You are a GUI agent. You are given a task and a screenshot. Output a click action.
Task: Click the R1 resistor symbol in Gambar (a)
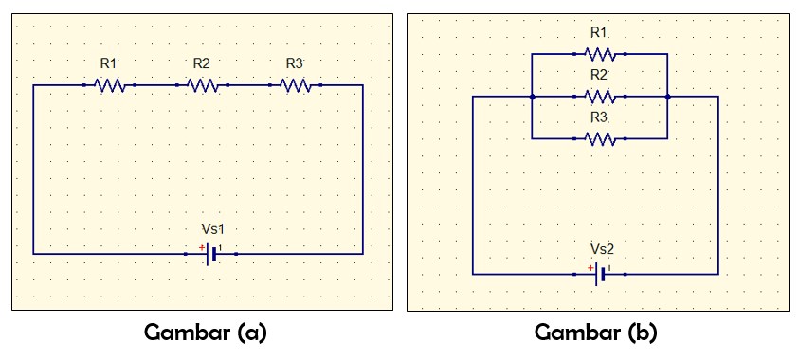pyautogui.click(x=110, y=85)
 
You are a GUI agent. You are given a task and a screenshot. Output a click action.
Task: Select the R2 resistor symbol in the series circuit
pyautogui.click(x=202, y=85)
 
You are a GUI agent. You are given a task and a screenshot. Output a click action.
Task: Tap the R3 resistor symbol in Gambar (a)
pyautogui.click(x=295, y=85)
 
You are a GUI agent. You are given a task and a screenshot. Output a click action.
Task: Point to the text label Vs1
pyautogui.click(x=213, y=229)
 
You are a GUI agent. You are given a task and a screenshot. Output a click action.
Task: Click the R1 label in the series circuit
pyautogui.click(x=108, y=63)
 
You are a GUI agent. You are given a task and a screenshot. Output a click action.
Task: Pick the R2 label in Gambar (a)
pyautogui.click(x=201, y=63)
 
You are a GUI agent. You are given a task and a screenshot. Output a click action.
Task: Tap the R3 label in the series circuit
pyautogui.click(x=294, y=63)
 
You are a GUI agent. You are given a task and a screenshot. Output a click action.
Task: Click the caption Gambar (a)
pyautogui.click(x=206, y=333)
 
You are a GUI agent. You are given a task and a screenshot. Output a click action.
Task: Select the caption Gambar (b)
pyautogui.click(x=596, y=333)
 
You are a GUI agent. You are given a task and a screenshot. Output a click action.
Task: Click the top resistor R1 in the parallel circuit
pyautogui.click(x=600, y=54)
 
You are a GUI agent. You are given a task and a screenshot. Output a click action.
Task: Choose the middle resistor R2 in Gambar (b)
pyautogui.click(x=600, y=97)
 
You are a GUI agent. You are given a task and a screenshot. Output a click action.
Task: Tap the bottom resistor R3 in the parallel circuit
pyautogui.click(x=600, y=138)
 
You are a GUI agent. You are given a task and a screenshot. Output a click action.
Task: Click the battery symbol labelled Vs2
pyautogui.click(x=601, y=275)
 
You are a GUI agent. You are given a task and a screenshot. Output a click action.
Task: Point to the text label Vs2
pyautogui.click(x=602, y=249)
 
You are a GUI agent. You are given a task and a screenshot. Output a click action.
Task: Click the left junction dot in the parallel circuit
pyautogui.click(x=533, y=97)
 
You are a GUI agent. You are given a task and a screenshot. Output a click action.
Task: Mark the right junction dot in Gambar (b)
pyautogui.click(x=668, y=97)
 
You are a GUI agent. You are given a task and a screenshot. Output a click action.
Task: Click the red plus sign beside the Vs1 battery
pyautogui.click(x=201, y=247)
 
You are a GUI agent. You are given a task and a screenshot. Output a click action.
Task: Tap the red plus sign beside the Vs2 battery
pyautogui.click(x=590, y=267)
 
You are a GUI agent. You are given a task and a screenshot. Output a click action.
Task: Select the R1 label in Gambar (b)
pyautogui.click(x=598, y=32)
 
